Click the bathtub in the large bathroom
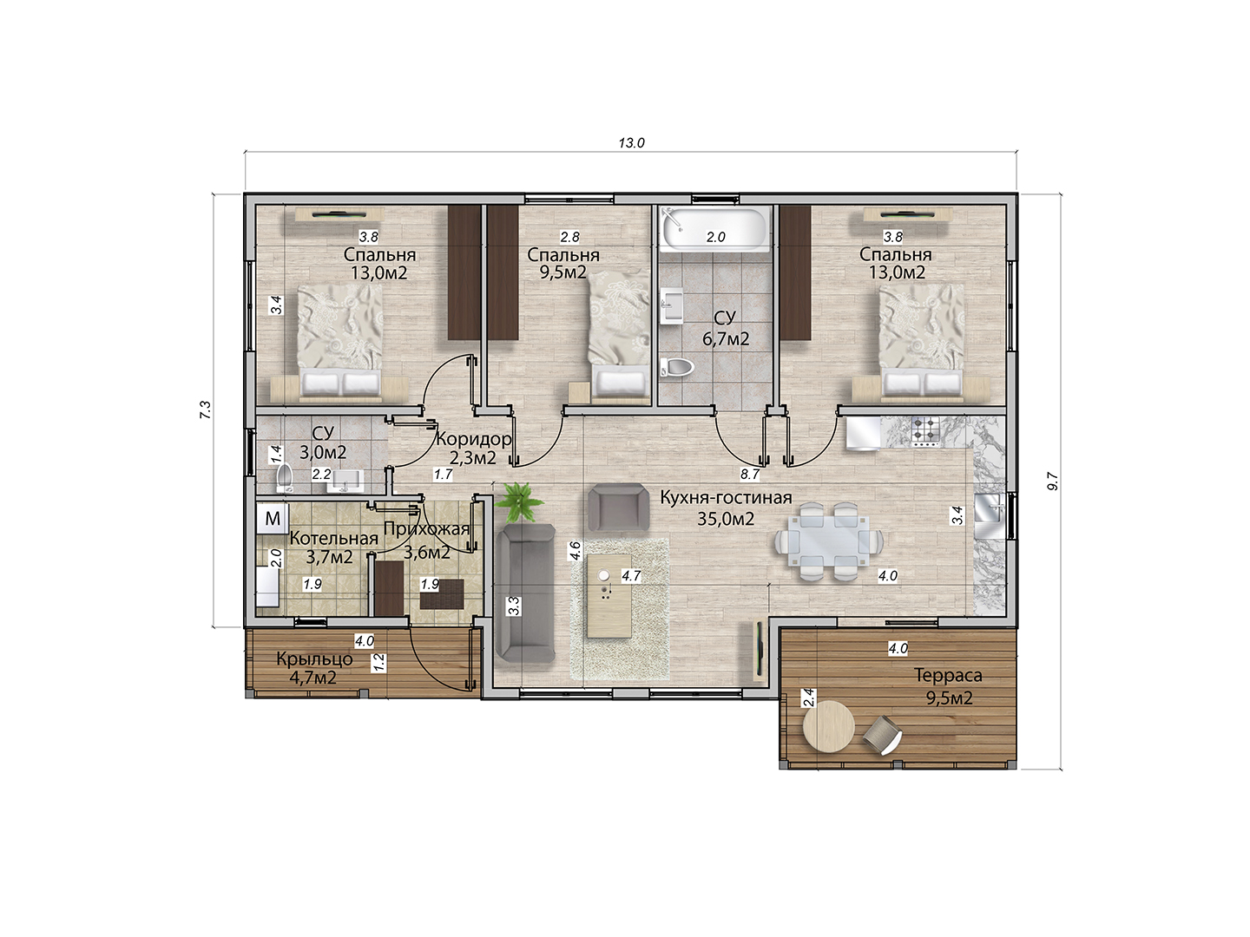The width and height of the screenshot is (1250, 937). click(714, 229)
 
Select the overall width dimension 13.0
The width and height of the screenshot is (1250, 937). click(631, 143)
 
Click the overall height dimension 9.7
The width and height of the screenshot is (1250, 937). click(1053, 482)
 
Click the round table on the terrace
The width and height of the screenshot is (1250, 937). click(828, 729)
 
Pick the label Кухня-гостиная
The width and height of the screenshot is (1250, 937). click(726, 498)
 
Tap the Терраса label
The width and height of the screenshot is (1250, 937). click(948, 675)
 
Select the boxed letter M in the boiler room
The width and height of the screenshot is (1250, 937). click(273, 518)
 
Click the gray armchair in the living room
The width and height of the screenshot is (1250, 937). click(618, 508)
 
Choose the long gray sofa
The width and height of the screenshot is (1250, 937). click(526, 593)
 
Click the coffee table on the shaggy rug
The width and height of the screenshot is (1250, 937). click(609, 597)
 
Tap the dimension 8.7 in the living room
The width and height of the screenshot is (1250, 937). click(749, 474)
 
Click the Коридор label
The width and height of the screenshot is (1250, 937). click(473, 439)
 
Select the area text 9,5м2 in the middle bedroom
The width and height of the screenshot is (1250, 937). click(562, 272)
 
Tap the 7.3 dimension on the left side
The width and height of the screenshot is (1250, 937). click(205, 410)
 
